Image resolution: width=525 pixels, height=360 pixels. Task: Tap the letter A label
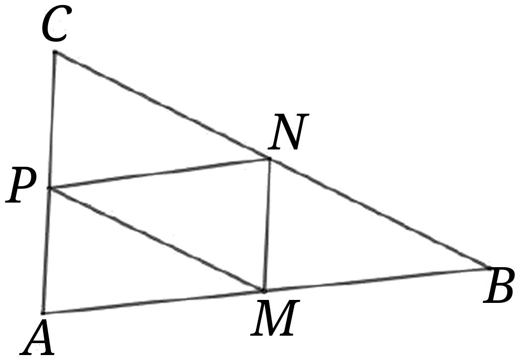[38, 337]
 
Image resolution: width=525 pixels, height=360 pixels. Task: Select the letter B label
[498, 287]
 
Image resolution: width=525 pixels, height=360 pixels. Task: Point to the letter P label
[21, 186]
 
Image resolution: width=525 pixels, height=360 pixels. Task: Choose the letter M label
[274, 318]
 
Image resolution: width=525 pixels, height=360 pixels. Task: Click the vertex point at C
[55, 52]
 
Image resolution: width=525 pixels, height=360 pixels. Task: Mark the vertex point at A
[43, 313]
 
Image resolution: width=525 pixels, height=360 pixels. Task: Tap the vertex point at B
[489, 268]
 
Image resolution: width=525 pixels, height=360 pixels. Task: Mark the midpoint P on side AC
[50, 188]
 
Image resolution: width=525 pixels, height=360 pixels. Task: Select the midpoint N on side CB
[269, 158]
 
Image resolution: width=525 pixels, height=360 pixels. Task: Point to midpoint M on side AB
[264, 291]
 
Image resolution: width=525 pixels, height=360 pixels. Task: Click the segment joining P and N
[159, 173]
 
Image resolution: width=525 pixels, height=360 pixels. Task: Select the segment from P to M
[157, 240]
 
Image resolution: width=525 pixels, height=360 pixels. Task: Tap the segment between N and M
[266, 224]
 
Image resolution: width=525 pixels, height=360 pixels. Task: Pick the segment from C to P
[53, 120]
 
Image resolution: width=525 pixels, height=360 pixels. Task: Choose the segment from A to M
[153, 302]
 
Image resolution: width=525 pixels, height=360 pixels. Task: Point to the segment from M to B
[376, 280]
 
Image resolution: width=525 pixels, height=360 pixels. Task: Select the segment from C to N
[162, 105]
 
